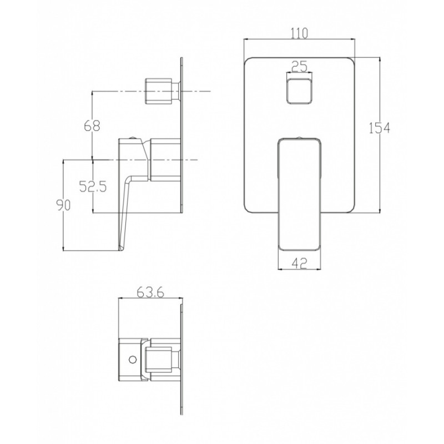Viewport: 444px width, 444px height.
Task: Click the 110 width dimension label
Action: (299, 33)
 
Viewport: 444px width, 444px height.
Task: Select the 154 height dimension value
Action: (380, 128)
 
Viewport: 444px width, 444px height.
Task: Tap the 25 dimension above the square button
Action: (299, 67)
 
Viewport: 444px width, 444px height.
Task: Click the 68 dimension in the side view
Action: (92, 126)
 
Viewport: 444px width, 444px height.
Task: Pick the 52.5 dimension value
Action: (93, 186)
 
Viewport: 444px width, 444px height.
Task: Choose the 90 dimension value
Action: (63, 205)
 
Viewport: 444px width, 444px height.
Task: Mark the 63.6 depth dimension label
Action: (150, 293)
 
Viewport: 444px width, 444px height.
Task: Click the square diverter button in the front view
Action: (300, 91)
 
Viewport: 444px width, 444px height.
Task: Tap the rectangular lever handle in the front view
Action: (300, 194)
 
